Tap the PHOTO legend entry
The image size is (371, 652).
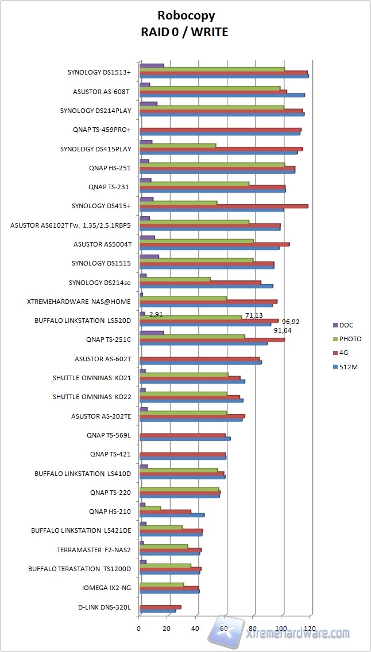[x=350, y=339]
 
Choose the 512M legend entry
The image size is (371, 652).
[x=349, y=366]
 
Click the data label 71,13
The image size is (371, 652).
[x=254, y=315]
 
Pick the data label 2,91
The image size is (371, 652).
[x=156, y=314]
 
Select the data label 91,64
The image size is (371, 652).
[x=283, y=330]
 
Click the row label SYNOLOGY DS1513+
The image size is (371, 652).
[x=99, y=73]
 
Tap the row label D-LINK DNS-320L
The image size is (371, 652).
[x=105, y=607]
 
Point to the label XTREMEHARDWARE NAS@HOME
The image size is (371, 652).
[x=79, y=302]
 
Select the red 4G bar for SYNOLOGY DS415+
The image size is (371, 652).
[x=224, y=206]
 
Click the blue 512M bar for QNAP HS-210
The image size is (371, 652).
[x=172, y=515]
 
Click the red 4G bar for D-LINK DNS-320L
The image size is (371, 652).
[x=160, y=607]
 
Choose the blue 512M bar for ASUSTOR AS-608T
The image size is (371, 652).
[x=222, y=95]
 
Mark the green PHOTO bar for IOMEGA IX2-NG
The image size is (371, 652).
[x=161, y=584]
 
